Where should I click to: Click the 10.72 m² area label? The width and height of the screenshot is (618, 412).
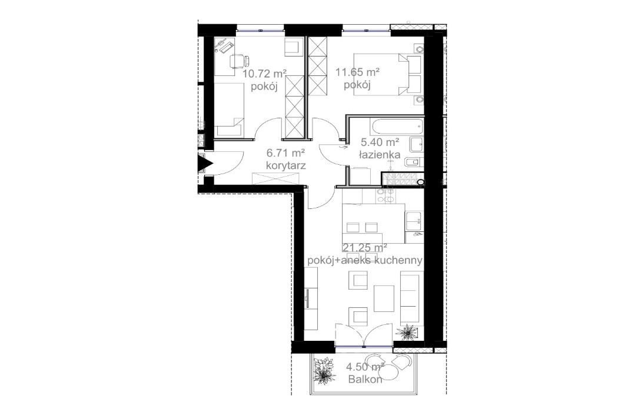tap(264, 74)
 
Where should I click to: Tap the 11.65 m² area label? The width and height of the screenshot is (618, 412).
tap(357, 73)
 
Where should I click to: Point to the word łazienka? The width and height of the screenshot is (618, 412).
tap(380, 155)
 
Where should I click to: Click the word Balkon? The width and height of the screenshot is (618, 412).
tap(366, 380)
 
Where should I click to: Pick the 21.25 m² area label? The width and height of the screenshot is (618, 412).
tap(365, 248)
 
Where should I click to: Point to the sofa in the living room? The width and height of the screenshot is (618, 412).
tap(410, 297)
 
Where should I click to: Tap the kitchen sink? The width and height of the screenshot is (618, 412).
tap(413, 220)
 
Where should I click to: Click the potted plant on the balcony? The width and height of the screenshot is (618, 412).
tap(323, 372)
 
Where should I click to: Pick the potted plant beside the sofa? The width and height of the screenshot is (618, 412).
tap(406, 333)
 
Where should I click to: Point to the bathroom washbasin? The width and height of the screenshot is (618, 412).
tap(415, 142)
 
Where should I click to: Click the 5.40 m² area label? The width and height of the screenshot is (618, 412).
tap(380, 142)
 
